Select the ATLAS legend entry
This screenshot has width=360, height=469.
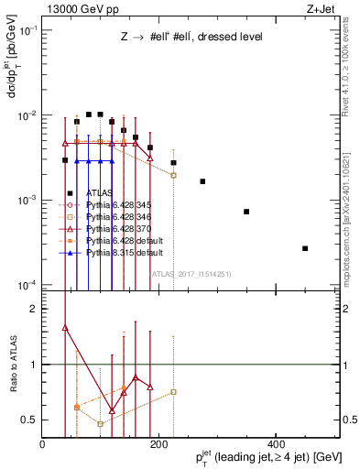click(89, 192)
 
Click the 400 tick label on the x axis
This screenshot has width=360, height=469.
click(275, 445)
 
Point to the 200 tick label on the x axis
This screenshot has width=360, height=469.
click(158, 445)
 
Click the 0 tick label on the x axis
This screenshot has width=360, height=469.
click(42, 445)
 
